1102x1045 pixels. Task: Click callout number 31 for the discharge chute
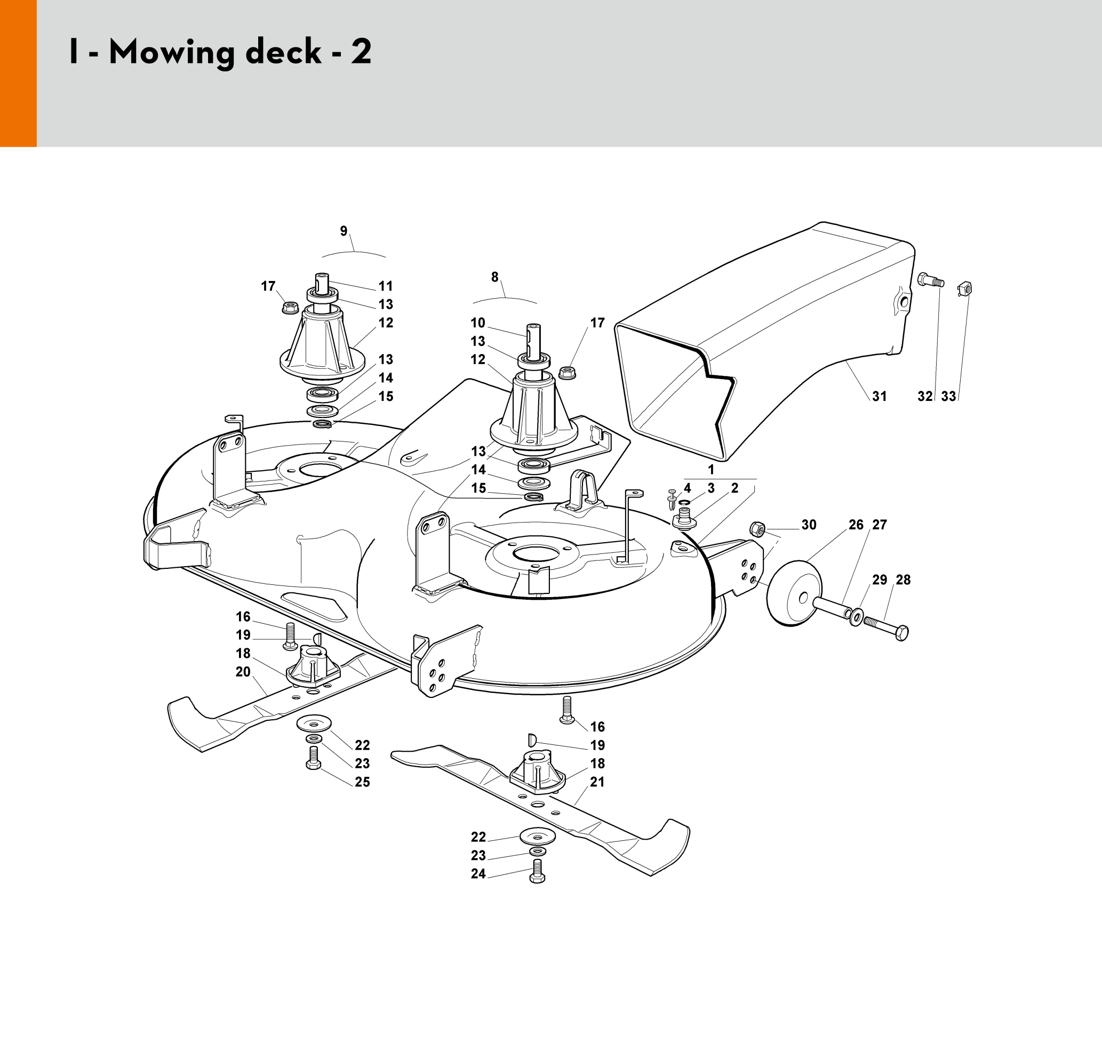[x=879, y=396]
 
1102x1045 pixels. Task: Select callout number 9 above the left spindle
[x=344, y=231]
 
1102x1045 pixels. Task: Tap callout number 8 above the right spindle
[x=494, y=277]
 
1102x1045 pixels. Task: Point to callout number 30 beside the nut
[x=809, y=525]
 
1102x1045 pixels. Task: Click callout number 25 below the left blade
[x=362, y=782]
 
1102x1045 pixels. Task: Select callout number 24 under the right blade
[x=478, y=874]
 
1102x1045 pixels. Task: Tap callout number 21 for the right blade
[x=597, y=782]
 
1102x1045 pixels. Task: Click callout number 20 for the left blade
[x=243, y=672]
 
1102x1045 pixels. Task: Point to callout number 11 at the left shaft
[x=386, y=286]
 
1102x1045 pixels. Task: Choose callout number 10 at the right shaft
[x=478, y=323]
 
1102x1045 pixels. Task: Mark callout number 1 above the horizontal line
[x=710, y=470]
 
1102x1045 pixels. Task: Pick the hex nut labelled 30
[x=757, y=528]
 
